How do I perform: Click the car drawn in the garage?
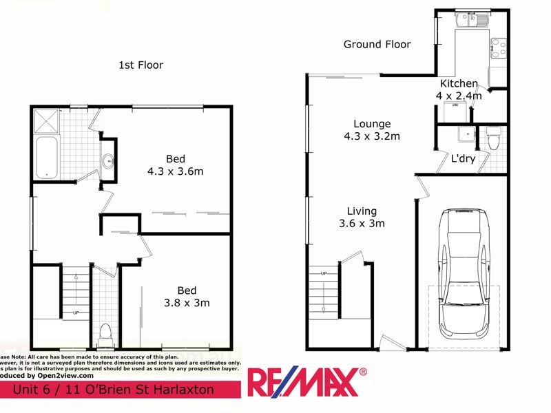pos(463,275)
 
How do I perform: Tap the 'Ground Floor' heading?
pos(377,44)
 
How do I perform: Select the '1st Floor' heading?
pos(141,65)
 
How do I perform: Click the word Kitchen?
pos(459,84)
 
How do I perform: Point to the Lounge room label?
pos(372,124)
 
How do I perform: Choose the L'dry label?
pos(463,158)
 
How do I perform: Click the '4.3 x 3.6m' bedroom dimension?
pos(174,171)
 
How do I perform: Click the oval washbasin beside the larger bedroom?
pos(108,161)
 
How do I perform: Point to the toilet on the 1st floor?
pos(105,334)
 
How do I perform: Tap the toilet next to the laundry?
pos(492,138)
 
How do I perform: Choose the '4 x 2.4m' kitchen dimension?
pos(459,96)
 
